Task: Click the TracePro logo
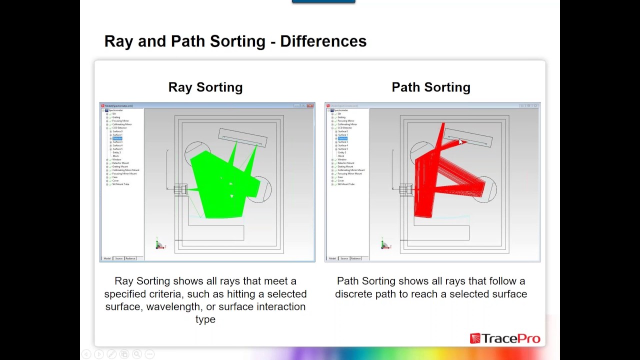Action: [505, 338]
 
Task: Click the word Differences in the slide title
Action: [323, 41]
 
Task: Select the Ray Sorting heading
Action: [205, 87]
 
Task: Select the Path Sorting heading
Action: [431, 87]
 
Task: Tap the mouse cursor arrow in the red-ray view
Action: [460, 142]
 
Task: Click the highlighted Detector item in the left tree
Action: [117, 138]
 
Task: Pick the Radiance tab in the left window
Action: [130, 258]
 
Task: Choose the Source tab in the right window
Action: [344, 258]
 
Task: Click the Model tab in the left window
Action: [107, 258]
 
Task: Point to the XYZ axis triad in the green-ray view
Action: [159, 244]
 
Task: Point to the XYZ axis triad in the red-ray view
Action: [384, 244]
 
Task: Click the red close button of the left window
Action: [310, 106]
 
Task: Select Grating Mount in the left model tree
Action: [120, 166]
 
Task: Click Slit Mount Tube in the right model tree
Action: [346, 184]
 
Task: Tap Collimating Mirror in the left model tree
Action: [122, 124]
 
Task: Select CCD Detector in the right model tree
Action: [344, 128]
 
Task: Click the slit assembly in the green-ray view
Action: [180, 189]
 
